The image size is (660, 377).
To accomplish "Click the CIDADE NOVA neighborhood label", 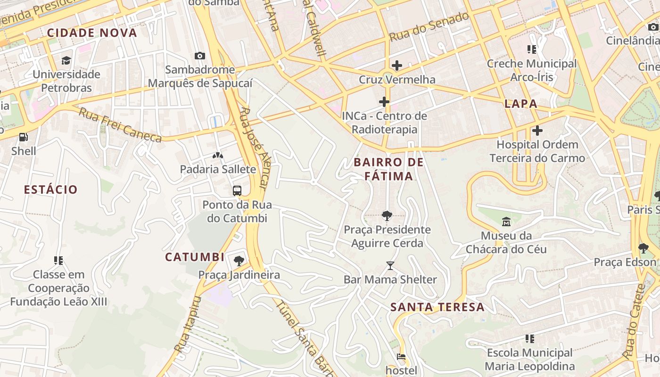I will (92, 33).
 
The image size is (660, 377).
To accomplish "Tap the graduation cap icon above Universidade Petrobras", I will (66, 60).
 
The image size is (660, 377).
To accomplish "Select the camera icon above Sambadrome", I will (200, 56).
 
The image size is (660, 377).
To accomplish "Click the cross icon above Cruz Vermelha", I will (397, 65).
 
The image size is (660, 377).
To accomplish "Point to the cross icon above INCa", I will (384, 101).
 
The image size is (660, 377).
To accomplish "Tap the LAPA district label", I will (521, 104).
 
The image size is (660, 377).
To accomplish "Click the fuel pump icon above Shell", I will (23, 137).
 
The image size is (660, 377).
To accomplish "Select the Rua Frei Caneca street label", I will (120, 125).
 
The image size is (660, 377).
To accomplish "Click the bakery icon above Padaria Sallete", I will (218, 155).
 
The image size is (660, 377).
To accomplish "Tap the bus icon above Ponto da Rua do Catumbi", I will (237, 191).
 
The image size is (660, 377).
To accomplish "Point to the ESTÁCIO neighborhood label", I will (50, 190).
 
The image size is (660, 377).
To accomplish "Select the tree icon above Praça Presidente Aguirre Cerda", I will (387, 216).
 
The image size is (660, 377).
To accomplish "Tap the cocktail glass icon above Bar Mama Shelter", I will (390, 266).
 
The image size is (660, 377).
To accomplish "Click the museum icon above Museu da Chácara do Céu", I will (506, 221).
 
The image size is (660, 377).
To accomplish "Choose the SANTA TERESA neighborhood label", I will (437, 307).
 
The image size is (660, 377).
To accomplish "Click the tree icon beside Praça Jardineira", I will (239, 261).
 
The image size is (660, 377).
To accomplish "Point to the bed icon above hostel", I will (401, 357).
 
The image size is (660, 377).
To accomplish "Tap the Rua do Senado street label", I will (429, 26).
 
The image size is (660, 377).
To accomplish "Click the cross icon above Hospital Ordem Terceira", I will (537, 131).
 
